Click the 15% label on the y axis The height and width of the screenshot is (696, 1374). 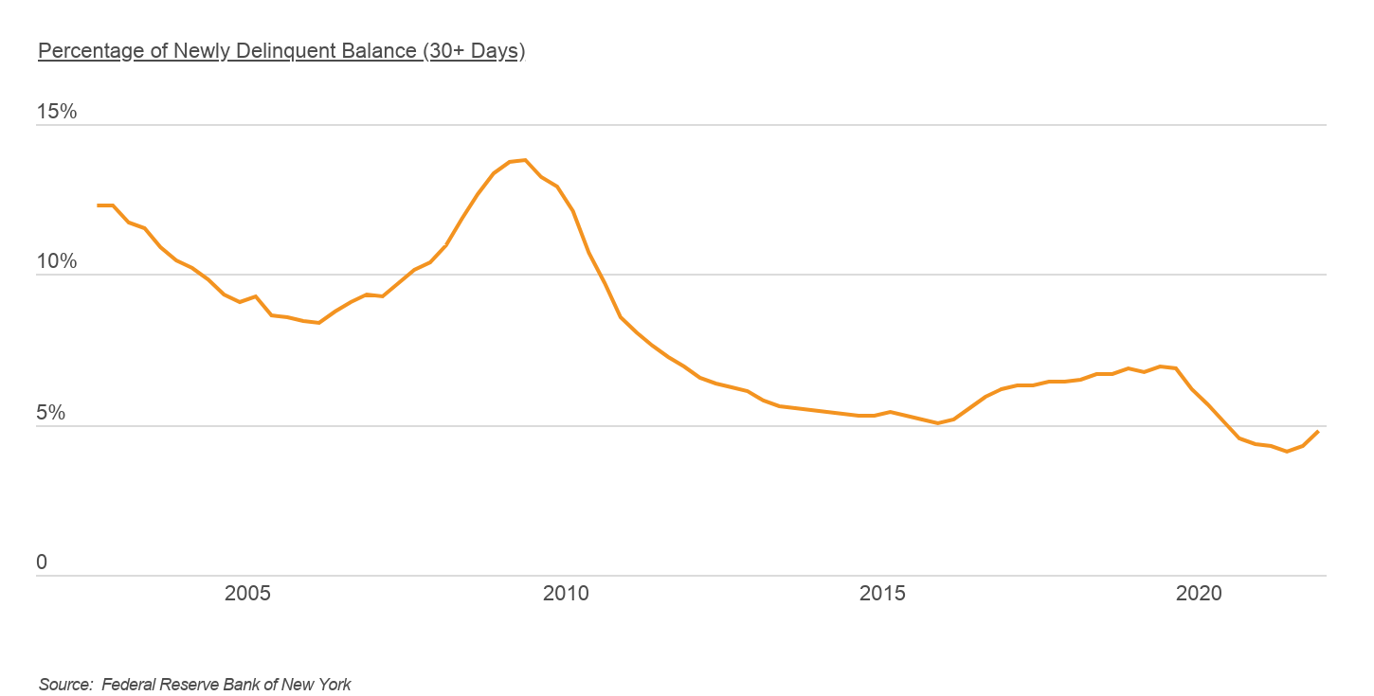(56, 112)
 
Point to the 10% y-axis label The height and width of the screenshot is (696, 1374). (56, 262)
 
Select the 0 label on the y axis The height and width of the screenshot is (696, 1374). (42, 562)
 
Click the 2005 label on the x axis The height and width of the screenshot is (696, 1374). (247, 594)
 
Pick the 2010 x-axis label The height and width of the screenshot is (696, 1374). (566, 594)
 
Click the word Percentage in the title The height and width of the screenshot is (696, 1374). (90, 51)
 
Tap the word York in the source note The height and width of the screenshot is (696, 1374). (334, 684)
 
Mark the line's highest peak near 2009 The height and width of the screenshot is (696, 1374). (525, 160)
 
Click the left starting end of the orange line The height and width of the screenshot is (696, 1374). (98, 205)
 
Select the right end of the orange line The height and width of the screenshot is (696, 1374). (1318, 432)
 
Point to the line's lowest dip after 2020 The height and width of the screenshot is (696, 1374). (1287, 452)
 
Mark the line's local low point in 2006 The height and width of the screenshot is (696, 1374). (319, 323)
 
